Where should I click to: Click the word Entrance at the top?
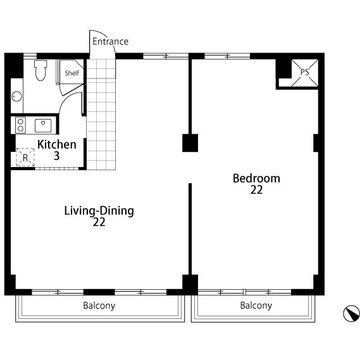tap(110, 42)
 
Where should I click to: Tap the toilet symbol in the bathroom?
tap(40, 70)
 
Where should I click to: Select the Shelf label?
tap(72, 73)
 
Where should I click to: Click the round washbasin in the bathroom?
tap(17, 97)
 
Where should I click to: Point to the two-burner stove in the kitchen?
tap(21, 125)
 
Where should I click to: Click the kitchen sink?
tap(43, 125)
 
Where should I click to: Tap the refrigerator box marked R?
tap(25, 157)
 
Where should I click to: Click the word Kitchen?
tap(57, 145)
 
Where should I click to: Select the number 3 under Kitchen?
tap(57, 156)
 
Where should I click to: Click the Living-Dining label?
tap(99, 211)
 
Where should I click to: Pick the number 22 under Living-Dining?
tap(99, 222)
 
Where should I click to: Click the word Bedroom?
tap(256, 178)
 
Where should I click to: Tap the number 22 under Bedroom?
tap(257, 190)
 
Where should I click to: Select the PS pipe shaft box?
tap(304, 72)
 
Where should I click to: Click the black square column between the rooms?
tap(190, 143)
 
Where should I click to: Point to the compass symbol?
tap(351, 314)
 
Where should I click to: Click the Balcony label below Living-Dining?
tap(99, 305)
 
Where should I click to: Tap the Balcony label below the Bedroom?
tap(256, 305)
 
